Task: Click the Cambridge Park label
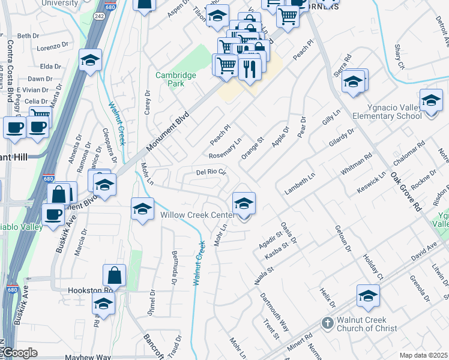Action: pyautogui.click(x=176, y=79)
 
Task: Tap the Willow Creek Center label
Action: pyautogui.click(x=197, y=215)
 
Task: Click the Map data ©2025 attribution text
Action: pyautogui.click(x=423, y=355)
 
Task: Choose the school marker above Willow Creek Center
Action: pyautogui.click(x=244, y=204)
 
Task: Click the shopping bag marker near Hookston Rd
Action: pyautogui.click(x=114, y=276)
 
